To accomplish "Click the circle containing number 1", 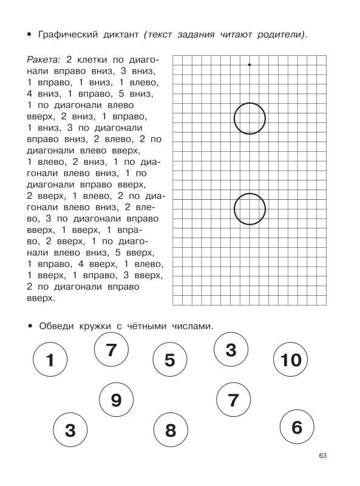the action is click(50, 360).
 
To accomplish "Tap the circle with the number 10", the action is click(291, 360).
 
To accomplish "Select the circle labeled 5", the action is click(169, 360).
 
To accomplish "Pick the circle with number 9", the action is click(117, 400).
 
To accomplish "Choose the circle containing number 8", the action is click(170, 430).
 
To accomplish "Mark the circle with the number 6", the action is click(296, 427).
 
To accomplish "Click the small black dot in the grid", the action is click(250, 64).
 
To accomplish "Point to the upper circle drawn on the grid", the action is click(250, 118).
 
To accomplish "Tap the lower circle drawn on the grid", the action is click(250, 208).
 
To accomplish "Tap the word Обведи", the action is click(56, 326).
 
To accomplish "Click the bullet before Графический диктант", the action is click(29, 35).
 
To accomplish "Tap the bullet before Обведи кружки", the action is click(29, 326).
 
